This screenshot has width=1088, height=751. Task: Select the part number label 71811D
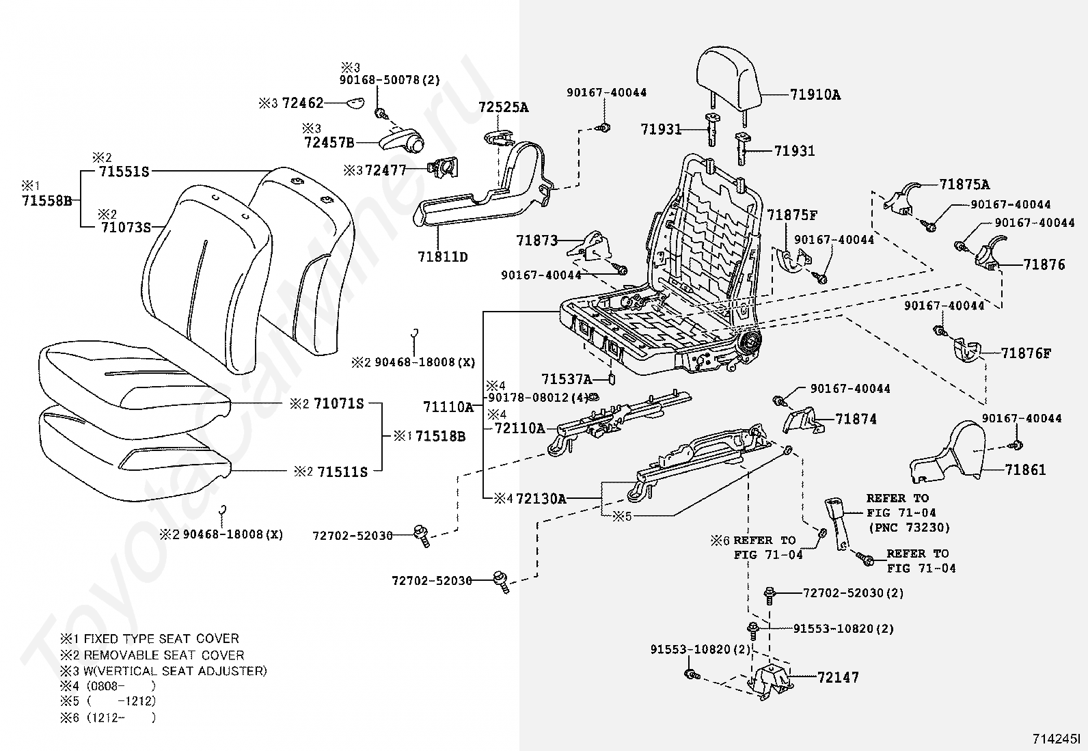442,257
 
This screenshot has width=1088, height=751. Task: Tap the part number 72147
838,677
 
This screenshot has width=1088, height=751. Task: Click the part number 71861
1025,469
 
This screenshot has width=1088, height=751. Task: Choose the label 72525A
503,107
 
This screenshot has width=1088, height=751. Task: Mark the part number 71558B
46,201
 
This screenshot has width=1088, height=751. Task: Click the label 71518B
441,436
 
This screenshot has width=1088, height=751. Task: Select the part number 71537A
567,379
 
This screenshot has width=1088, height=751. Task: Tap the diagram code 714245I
1055,739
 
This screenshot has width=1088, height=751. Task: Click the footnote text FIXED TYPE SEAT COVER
161,638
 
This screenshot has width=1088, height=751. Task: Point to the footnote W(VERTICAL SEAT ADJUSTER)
176,671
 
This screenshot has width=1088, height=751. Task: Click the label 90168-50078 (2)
390,80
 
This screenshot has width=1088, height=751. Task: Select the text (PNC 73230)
909,528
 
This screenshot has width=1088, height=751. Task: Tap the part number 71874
856,419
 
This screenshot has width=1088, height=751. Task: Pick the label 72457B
329,142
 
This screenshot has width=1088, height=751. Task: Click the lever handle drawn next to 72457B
401,140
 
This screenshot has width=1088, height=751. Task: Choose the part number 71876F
1026,353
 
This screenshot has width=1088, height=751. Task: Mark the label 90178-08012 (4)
538,397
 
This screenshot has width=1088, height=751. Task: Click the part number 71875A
964,185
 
